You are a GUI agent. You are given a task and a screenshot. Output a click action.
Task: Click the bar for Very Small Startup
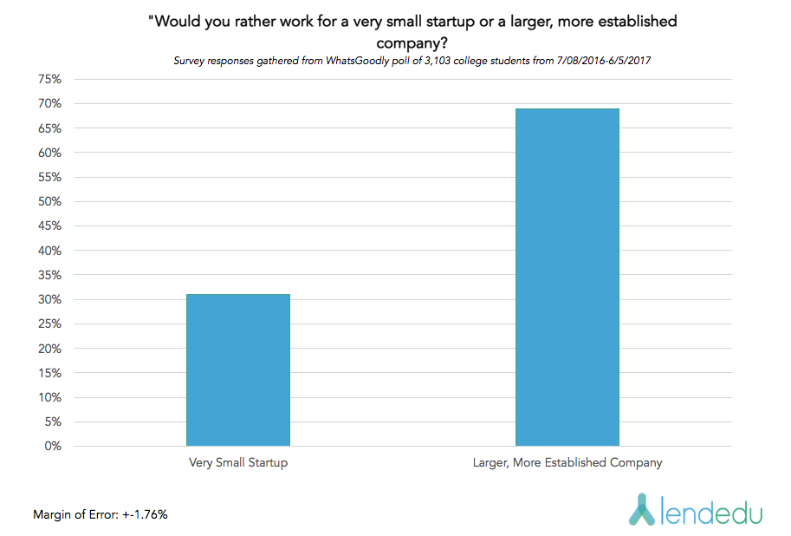tap(238, 370)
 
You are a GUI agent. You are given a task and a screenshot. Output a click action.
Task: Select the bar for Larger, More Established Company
tap(567, 278)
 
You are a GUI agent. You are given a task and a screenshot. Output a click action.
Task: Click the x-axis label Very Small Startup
tap(238, 463)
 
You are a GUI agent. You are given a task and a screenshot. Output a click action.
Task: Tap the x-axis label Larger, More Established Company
tap(567, 463)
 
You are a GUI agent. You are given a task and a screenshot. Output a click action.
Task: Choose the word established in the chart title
tap(635, 22)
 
